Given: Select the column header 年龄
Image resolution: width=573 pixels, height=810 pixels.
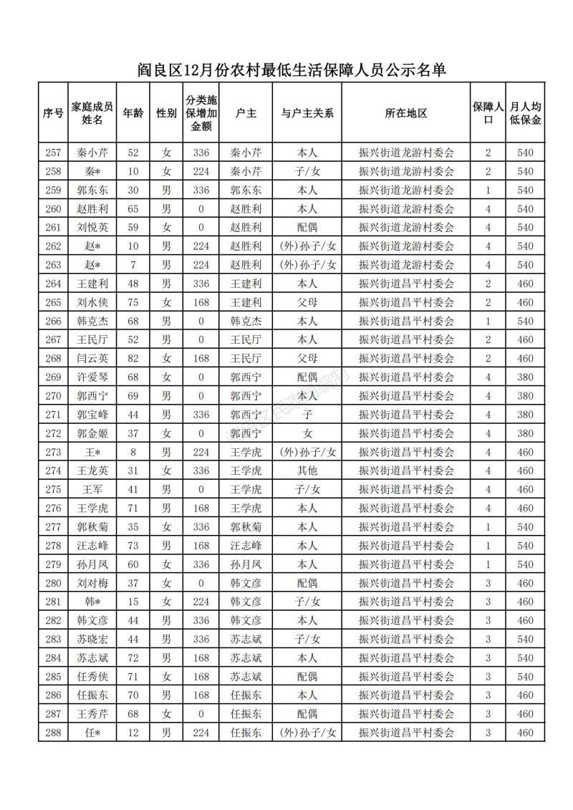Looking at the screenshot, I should [x=133, y=113].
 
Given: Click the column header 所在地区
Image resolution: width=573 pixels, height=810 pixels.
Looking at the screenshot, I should [x=406, y=113].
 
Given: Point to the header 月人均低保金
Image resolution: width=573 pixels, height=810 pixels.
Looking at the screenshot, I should [x=526, y=113].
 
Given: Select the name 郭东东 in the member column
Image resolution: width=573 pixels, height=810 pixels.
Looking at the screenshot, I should [x=92, y=190].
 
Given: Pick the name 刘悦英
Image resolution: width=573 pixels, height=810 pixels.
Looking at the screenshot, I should [x=92, y=227].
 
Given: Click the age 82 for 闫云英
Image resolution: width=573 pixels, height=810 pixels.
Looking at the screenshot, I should [x=133, y=358].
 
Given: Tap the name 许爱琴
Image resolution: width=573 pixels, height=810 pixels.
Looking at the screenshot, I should [x=92, y=377].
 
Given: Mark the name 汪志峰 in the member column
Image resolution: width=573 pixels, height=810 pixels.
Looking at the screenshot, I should [x=92, y=546].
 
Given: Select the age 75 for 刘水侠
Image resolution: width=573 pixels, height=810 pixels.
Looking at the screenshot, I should [x=133, y=302].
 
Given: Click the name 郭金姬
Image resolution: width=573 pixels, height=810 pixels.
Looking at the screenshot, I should [x=92, y=433].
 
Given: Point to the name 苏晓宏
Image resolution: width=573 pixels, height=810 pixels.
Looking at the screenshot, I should [x=92, y=639].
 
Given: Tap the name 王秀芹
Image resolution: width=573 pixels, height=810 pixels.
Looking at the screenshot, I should [x=92, y=714].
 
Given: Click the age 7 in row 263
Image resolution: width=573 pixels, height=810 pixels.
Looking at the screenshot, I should [x=133, y=265].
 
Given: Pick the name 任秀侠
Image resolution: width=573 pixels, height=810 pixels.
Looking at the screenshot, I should [x=92, y=677].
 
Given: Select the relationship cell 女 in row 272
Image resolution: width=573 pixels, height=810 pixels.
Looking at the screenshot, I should [x=307, y=433].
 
